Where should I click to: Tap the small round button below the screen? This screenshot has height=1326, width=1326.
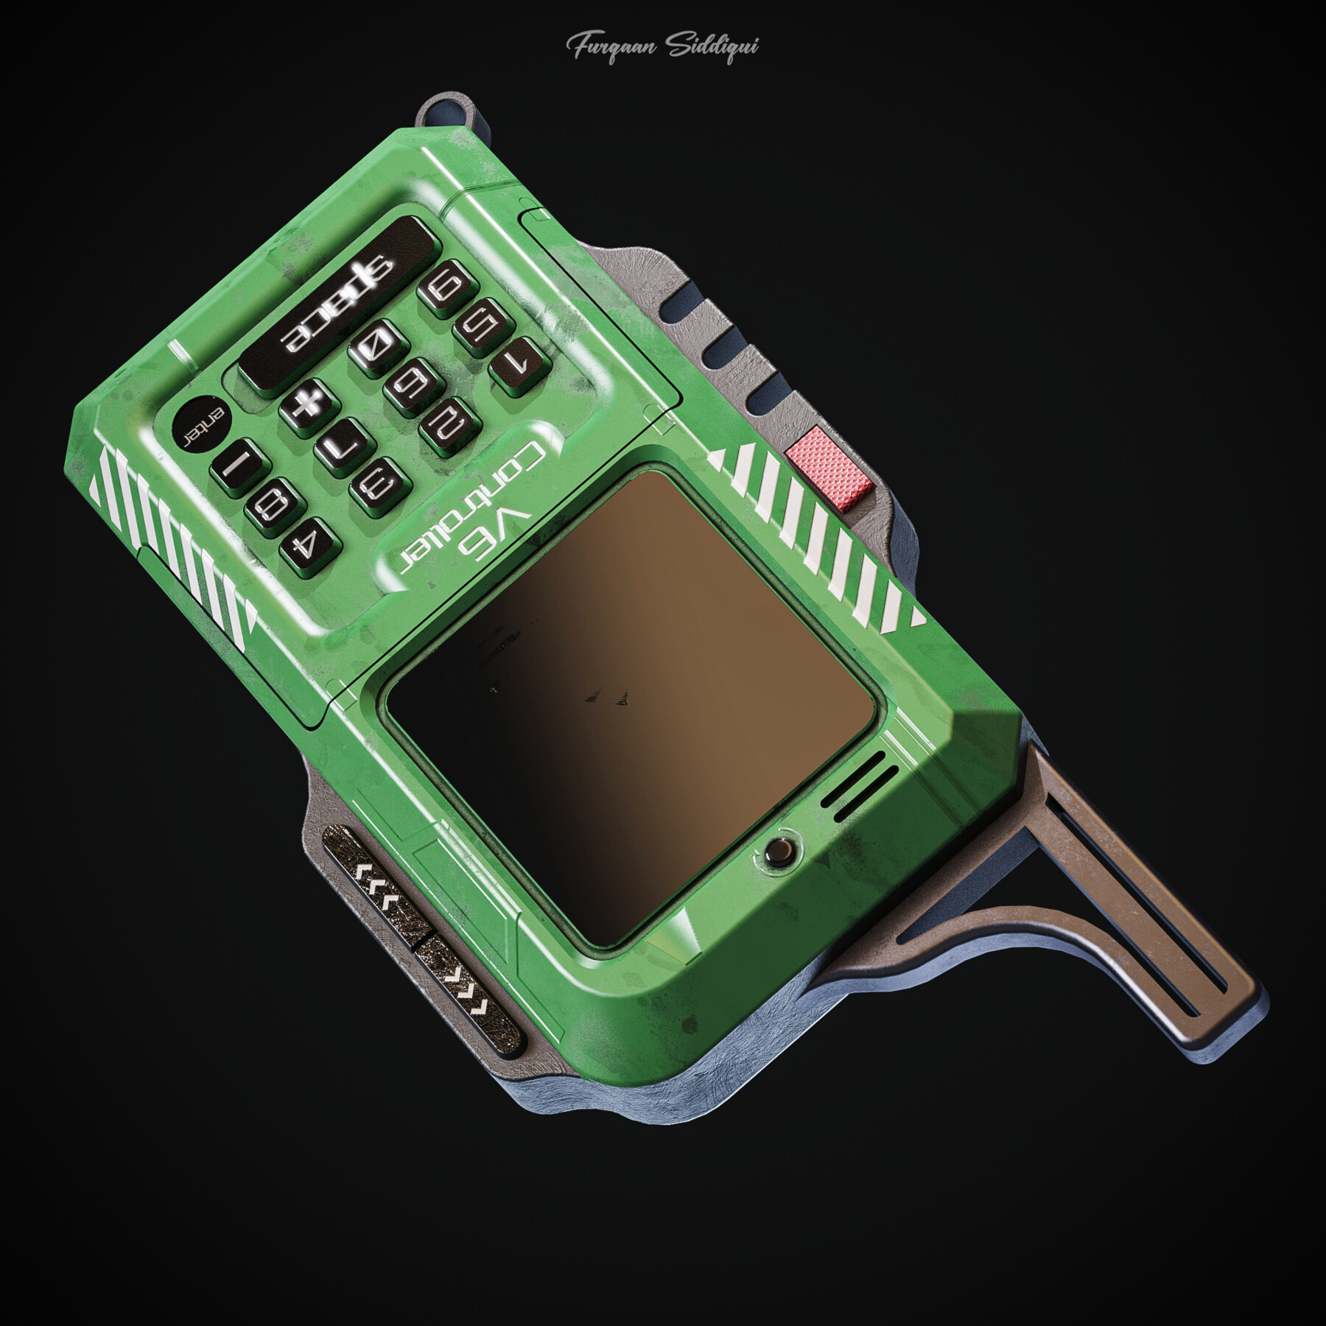click(779, 852)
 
